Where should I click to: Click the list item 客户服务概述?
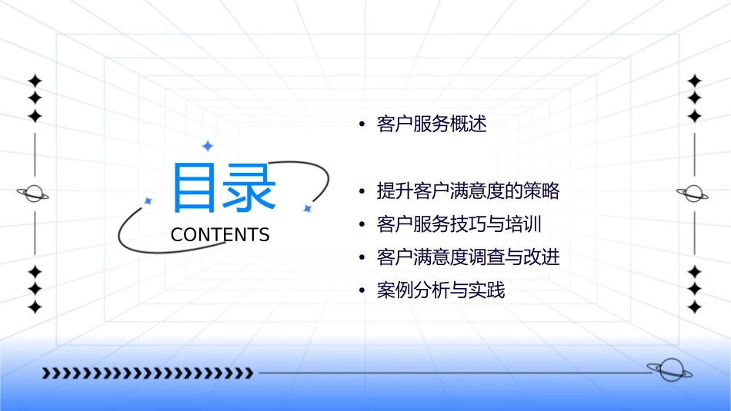coord(432,124)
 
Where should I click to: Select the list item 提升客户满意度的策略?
coord(468,191)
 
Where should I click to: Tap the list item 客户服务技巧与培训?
coord(459,224)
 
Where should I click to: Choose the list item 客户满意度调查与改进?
coord(468,257)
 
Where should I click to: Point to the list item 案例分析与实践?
coord(441,290)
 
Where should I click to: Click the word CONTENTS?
coord(220,234)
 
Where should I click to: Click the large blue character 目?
coord(195,187)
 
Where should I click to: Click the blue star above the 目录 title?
coord(206,146)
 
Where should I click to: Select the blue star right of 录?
coord(306,208)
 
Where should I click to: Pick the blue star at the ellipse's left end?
coord(148,201)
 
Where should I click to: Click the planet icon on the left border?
coord(34,194)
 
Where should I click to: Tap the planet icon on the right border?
coord(694,194)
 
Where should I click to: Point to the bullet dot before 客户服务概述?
coord(362,125)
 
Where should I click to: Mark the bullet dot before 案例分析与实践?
coord(362,291)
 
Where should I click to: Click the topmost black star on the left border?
coord(34,81)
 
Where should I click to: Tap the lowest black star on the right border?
coord(694,307)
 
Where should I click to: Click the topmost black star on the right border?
coord(694,81)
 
